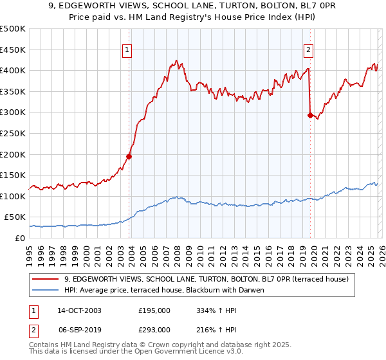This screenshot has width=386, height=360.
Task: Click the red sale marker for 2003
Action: pyautogui.click(x=129, y=156)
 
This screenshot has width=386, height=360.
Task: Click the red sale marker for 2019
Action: pyautogui.click(x=310, y=116)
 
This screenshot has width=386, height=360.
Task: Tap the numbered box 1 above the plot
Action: pyautogui.click(x=127, y=50)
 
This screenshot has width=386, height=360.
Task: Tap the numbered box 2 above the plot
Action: pyautogui.click(x=309, y=50)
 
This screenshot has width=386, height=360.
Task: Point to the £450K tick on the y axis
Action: pyautogui.click(x=13, y=50)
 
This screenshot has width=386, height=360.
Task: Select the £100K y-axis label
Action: pyautogui.click(x=13, y=196)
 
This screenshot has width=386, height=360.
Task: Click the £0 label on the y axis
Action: pyautogui.click(x=19, y=238)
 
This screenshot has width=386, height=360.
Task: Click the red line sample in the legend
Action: pyautogui.click(x=46, y=279)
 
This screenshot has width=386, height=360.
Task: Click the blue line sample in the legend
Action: pyautogui.click(x=46, y=290)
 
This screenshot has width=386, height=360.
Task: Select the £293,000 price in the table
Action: pyautogui.click(x=154, y=329)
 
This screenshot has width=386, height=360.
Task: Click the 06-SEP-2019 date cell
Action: pyautogui.click(x=78, y=329)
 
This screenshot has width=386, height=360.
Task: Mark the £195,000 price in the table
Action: pyautogui.click(x=154, y=310)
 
